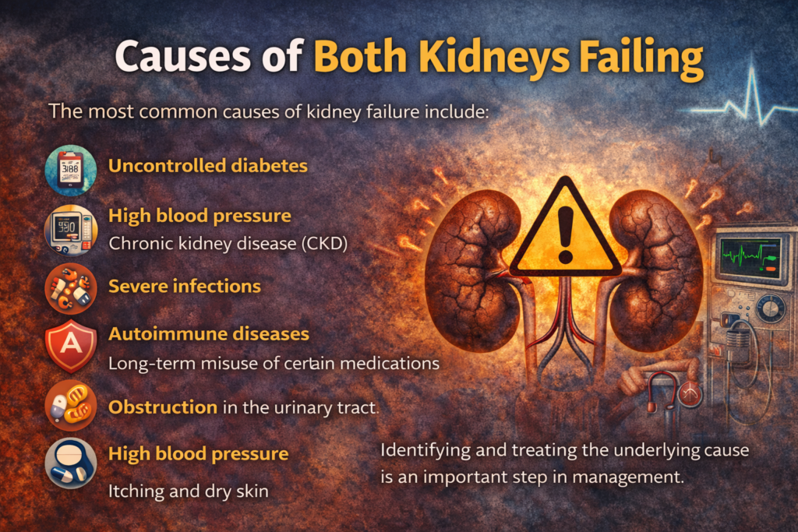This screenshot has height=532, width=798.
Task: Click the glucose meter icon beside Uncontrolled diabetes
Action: click(71, 171)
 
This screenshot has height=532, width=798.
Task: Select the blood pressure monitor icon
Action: click(71, 230)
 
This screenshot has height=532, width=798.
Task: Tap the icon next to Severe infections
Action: click(71, 288)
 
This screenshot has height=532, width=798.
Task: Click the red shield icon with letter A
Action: click(71, 346)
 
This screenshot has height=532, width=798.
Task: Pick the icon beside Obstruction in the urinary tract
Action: click(71, 405)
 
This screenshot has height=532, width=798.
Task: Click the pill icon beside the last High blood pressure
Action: click(71, 463)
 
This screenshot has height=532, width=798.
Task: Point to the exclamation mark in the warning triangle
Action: click(566, 234)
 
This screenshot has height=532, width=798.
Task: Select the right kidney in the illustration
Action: click(656, 270)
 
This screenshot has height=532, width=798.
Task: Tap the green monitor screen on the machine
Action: click(750, 257)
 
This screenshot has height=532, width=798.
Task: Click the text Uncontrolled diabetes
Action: click(207, 166)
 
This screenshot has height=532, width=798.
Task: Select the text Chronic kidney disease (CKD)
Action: click(228, 244)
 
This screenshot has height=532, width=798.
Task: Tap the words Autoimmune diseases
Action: click(209, 333)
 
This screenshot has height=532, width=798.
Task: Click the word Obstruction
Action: click(163, 407)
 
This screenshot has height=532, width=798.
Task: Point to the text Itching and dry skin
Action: click(189, 491)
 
